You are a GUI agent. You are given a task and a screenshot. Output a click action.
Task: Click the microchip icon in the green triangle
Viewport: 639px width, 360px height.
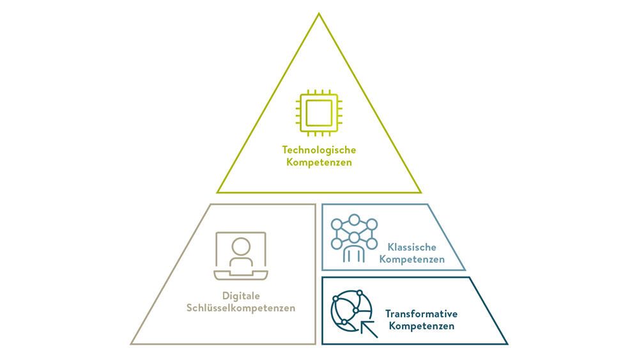tap(319, 113)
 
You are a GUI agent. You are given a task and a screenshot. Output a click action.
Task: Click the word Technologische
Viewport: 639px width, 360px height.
tap(319, 150)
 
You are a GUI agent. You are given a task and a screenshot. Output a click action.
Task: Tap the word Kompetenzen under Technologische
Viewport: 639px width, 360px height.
tap(319, 162)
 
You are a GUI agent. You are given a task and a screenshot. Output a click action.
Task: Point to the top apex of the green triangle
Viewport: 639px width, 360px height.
tap(319, 13)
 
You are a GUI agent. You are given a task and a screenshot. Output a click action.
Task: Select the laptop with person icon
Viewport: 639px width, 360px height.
tap(241, 256)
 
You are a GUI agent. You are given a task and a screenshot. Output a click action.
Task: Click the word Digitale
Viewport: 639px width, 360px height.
tap(241, 295)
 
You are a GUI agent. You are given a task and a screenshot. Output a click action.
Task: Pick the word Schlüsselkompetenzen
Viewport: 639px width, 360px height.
tap(241, 308)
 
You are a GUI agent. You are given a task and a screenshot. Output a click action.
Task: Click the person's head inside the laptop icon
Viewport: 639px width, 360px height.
tap(241, 247)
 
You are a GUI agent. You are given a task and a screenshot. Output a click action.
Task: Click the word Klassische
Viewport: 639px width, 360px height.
tap(412, 247)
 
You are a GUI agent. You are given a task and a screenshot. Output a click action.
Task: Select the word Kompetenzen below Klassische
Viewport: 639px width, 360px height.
tap(412, 260)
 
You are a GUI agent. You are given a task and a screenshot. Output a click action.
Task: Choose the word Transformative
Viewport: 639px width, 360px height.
tap(421, 314)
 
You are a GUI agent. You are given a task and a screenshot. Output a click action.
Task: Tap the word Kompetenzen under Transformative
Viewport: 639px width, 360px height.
tap(421, 326)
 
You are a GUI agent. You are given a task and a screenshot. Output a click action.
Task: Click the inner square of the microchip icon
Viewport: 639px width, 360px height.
tap(319, 113)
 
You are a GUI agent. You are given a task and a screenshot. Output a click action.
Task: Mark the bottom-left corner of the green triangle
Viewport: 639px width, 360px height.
tap(217, 192)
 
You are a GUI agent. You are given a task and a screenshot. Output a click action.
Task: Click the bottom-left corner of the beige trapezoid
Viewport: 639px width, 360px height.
tap(131, 343)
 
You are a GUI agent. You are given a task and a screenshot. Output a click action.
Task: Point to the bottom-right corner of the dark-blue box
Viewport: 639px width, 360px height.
tap(507, 344)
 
